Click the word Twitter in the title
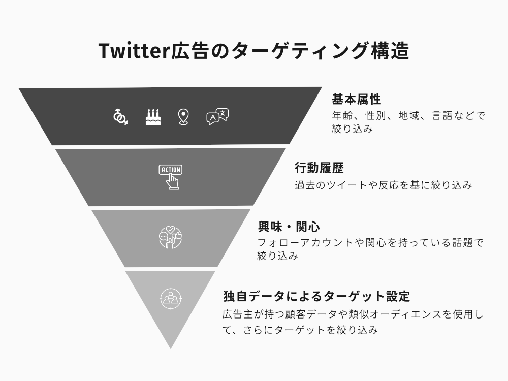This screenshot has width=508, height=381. (135, 51)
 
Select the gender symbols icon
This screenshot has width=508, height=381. (120, 117)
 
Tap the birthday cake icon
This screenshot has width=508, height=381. (153, 117)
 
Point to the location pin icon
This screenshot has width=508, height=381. (183, 117)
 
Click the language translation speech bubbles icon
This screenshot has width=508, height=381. (217, 117)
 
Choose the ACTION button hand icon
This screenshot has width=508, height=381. (171, 177)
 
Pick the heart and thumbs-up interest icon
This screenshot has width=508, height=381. (170, 237)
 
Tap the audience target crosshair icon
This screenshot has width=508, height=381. (171, 298)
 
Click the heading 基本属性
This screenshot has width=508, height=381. (357, 99)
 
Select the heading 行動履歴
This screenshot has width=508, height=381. (320, 168)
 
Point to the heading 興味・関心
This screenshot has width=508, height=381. (289, 227)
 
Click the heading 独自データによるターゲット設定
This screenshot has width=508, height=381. (317, 296)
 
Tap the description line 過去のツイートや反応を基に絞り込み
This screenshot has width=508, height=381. (383, 185)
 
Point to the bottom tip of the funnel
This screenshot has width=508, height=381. (171, 349)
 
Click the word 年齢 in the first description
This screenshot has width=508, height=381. (342, 116)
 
